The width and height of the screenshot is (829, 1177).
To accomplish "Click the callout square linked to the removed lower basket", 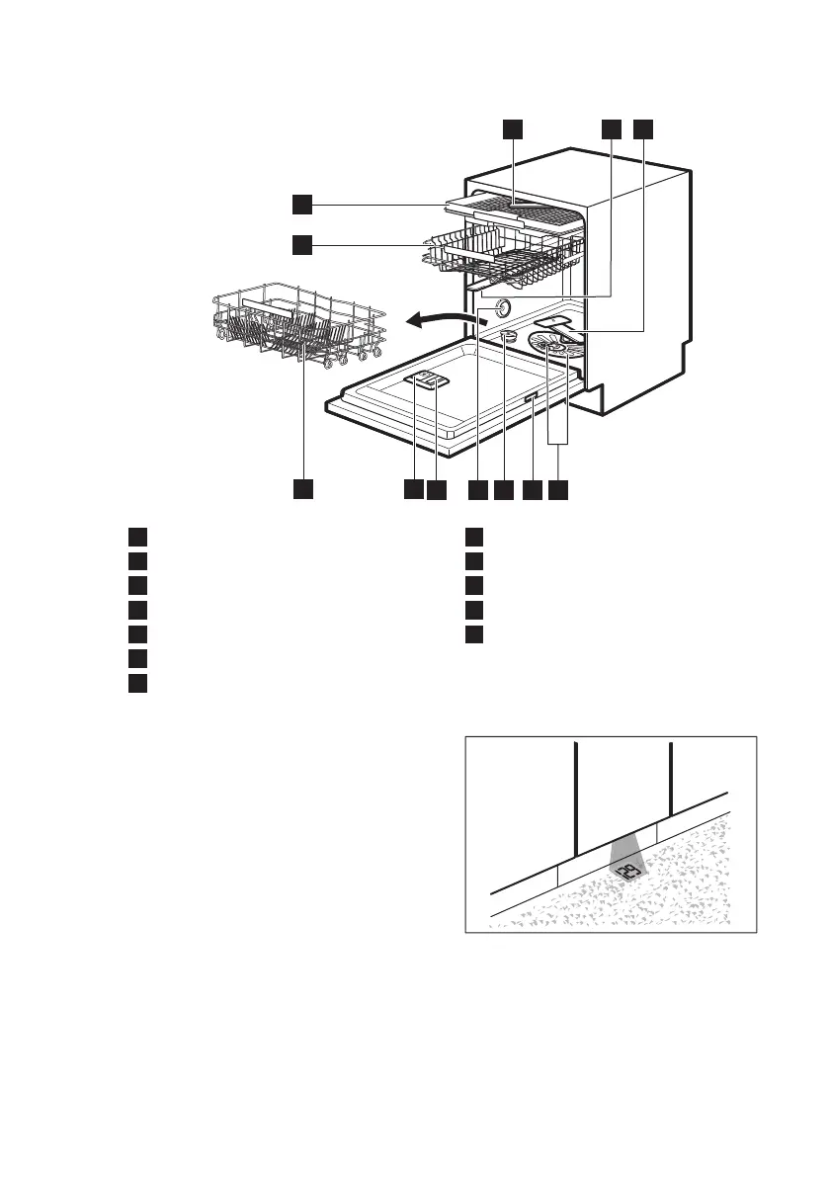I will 303,489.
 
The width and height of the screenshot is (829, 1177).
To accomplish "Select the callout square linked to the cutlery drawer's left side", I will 301,205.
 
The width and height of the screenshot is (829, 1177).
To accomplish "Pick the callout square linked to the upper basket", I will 301,242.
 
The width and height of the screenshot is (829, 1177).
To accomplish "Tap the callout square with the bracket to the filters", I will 560,489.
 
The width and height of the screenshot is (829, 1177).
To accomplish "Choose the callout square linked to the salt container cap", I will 504,489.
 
